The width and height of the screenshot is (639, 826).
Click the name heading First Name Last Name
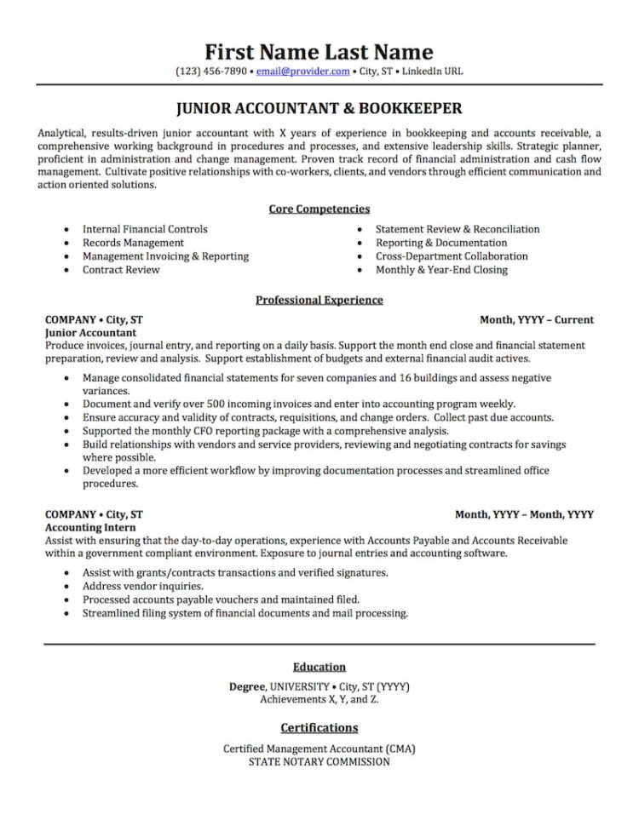click(319, 52)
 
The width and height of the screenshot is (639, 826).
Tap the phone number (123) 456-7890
click(211, 72)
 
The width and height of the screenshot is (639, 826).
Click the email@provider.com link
click(302, 72)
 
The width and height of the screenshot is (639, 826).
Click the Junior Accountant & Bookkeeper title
click(319, 109)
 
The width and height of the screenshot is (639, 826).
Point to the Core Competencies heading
click(319, 209)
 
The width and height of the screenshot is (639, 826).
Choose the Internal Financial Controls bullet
click(145, 229)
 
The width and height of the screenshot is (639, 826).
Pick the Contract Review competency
click(121, 270)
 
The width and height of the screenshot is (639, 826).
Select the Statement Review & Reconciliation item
click(458, 229)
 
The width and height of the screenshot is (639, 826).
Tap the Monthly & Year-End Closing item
click(441, 270)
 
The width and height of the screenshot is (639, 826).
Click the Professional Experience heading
click(319, 300)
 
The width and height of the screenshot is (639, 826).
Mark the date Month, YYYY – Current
click(537, 320)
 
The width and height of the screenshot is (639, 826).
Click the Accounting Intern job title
click(87, 527)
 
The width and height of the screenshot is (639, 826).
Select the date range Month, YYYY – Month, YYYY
click(524, 514)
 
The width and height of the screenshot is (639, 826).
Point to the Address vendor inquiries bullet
click(143, 586)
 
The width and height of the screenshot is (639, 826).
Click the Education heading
click(319, 667)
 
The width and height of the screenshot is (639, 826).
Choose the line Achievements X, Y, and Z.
click(319, 699)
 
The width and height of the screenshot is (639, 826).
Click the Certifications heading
click(319, 728)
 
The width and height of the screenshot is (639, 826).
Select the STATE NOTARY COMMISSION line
click(319, 762)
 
